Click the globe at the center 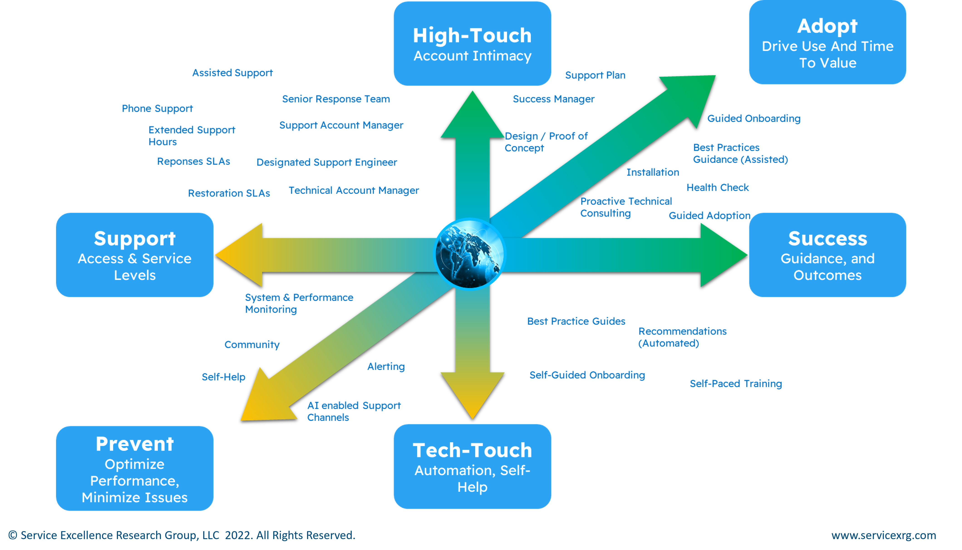tap(470, 254)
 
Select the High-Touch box tap(472, 43)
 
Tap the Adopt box tap(827, 42)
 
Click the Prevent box tap(135, 469)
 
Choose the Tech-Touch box tap(472, 466)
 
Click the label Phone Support tap(157, 109)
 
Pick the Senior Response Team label tap(336, 99)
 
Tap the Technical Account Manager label tap(353, 190)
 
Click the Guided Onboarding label tap(754, 119)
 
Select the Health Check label tap(717, 187)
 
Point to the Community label tap(252, 345)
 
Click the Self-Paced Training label tap(736, 384)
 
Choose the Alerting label tap(386, 366)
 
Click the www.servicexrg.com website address tap(883, 535)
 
